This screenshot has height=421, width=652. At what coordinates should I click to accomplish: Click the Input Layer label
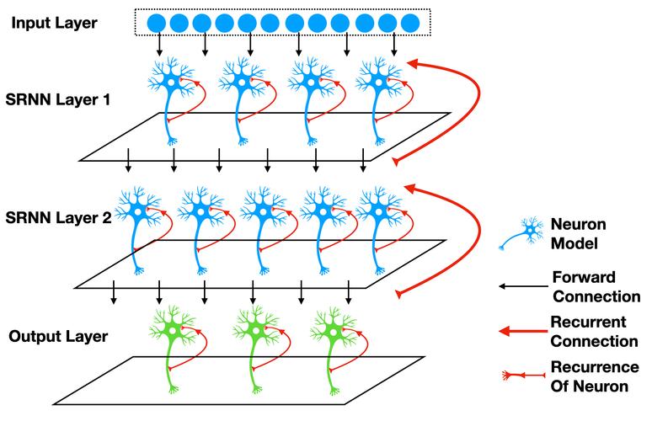tap(54, 23)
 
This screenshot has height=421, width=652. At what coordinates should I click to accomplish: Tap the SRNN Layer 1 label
tap(58, 99)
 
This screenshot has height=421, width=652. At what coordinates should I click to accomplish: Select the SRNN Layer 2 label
tap(58, 218)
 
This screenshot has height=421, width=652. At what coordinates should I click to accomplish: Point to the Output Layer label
tap(58, 336)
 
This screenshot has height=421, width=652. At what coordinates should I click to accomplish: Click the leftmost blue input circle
tap(157, 23)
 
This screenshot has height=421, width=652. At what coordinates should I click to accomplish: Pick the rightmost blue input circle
tap(410, 23)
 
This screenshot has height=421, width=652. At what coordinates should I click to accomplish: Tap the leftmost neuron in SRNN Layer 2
tap(137, 231)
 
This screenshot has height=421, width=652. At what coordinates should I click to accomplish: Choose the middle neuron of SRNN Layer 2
tap(263, 231)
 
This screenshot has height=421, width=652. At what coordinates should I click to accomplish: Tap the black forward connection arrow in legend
tap(523, 286)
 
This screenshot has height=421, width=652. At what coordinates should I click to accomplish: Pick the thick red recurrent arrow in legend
tap(523, 331)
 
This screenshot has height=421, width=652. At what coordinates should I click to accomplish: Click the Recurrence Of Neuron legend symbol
tap(523, 376)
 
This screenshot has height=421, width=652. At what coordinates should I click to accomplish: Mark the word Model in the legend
tap(575, 243)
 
